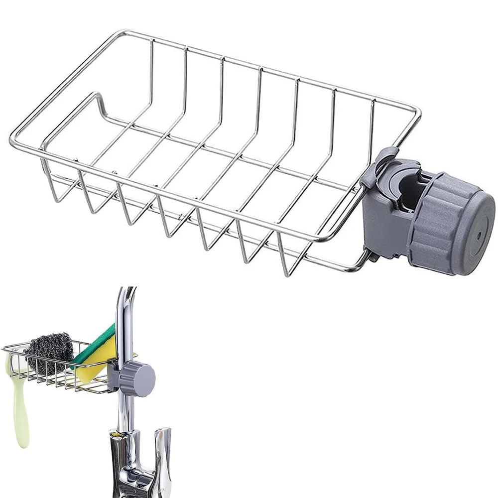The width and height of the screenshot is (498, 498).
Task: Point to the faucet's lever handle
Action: pos(162,448)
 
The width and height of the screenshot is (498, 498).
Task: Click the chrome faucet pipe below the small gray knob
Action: pos(124,413)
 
